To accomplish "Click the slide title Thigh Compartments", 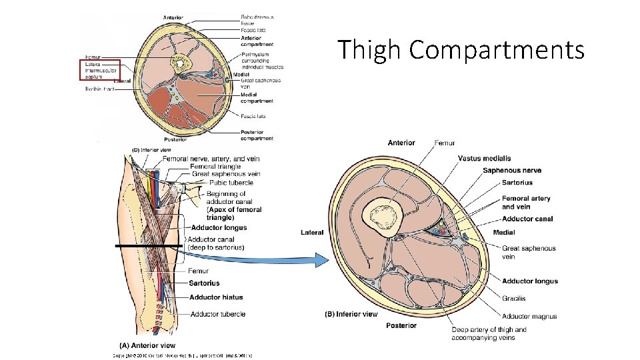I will coord(460,50).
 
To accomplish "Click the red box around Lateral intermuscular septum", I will coord(99,70).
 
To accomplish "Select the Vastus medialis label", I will coord(485,158).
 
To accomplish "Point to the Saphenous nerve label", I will coord(512,170).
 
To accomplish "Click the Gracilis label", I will coord(513,298).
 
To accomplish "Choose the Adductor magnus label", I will coord(529,316).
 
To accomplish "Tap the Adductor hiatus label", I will coord(216,297).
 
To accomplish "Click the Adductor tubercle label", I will coord(217,314).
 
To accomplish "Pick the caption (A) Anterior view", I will coord(147,345).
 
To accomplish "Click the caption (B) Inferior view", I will coord(351,314).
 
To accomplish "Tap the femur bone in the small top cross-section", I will coord(179,65).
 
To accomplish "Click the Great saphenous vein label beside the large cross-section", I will coord(529,252).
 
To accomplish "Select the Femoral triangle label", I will coord(215,166).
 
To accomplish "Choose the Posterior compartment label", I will coord(257,135).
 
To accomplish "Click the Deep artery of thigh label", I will coord(489,333).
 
